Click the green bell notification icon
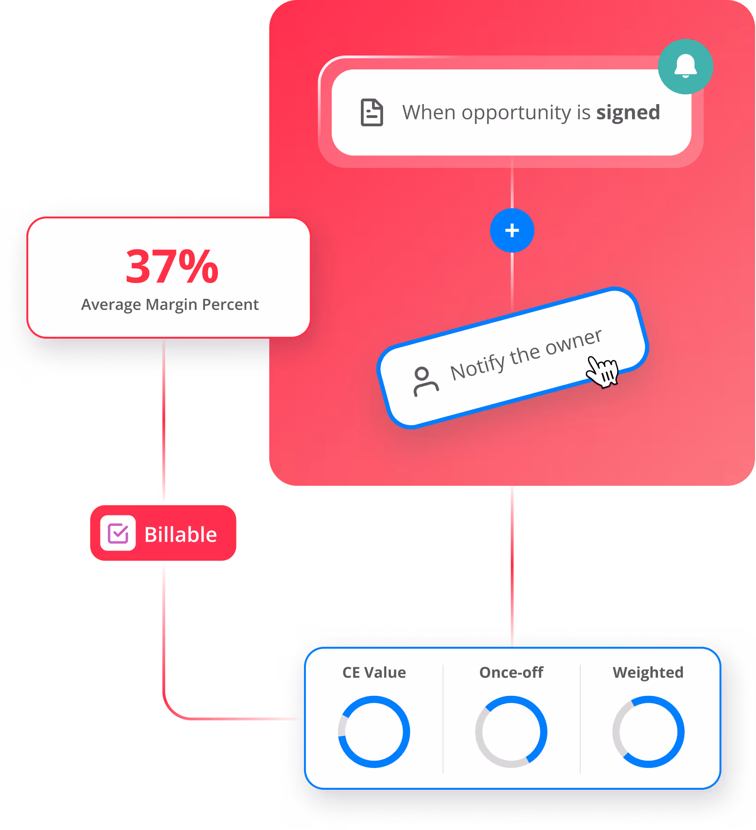pos(685,67)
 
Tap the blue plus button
pos(512,230)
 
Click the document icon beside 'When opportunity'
pos(372,112)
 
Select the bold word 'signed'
pos(628,113)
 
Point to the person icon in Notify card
pos(425,381)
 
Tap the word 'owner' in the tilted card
pos(574,341)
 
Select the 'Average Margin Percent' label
pos(170,305)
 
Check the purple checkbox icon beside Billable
pos(118,533)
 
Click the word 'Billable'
pos(180,535)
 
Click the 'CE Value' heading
pos(374,672)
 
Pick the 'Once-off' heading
pos(511,672)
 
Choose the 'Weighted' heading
pos(648,672)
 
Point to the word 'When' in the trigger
pos(429,112)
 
